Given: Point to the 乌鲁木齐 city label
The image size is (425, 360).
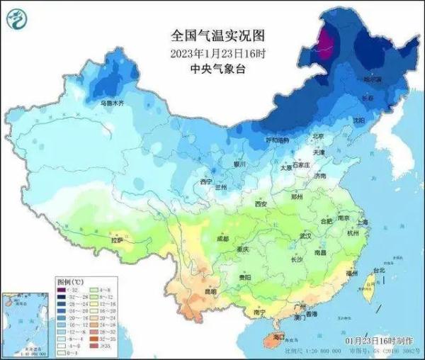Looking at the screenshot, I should (111, 103).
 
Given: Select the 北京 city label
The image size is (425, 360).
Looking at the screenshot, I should (318, 136).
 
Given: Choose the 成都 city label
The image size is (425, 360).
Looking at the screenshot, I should (224, 240).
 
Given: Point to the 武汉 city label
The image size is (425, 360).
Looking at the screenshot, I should (306, 235).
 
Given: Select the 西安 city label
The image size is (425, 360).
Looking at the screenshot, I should (260, 204).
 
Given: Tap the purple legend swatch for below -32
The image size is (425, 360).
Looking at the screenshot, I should (62, 292).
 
